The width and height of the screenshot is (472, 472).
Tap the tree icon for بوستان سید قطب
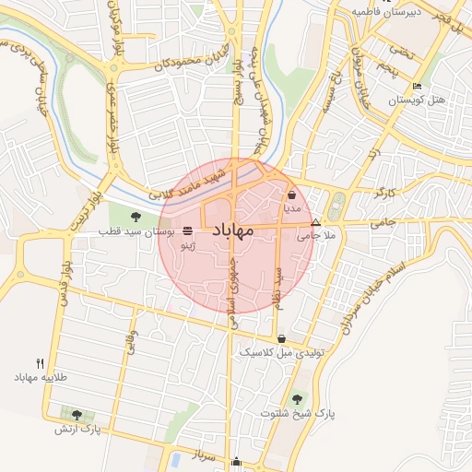pos(136,218)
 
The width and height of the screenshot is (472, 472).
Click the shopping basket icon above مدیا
pos(292,195)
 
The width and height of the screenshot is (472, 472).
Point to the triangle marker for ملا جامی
pos(316,223)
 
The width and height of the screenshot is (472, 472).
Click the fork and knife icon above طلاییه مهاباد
pos(40,363)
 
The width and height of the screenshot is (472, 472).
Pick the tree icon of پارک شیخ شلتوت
pos(297,399)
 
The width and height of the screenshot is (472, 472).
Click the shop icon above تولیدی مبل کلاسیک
pos(281,338)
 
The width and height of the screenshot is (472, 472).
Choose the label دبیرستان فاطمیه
pos(387,12)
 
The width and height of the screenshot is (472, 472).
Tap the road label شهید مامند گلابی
pos(187,183)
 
